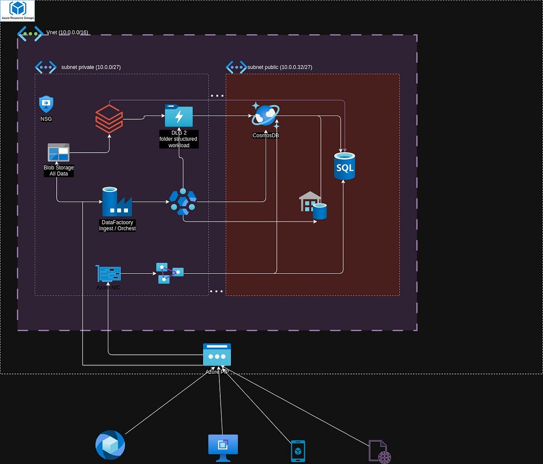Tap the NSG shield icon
click(x=46, y=104)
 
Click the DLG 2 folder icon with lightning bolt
click(x=179, y=116)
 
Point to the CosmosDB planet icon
click(x=266, y=116)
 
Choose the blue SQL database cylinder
click(x=344, y=166)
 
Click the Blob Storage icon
click(x=58, y=152)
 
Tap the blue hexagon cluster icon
click(x=183, y=202)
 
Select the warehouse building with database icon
click(x=313, y=205)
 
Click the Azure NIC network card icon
click(x=108, y=274)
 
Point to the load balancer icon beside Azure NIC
click(x=170, y=273)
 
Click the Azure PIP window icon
click(x=217, y=354)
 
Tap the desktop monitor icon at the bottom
click(x=223, y=447)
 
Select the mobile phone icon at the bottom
click(x=298, y=451)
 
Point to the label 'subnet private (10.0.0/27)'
click(x=91, y=68)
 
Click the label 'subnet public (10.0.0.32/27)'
click(x=280, y=68)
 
